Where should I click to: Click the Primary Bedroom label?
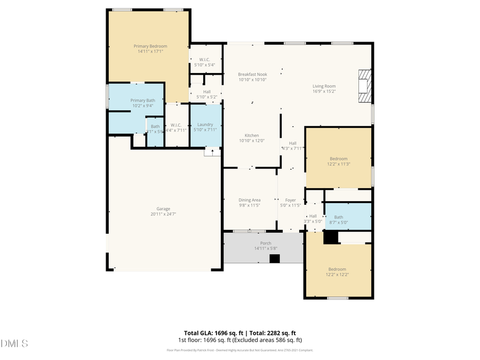pos(150,46)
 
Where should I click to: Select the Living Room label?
pos(324,86)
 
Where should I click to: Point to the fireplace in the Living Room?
pos(365,85)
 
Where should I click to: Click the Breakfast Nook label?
pos(252,74)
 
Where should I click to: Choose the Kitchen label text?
pos(252,135)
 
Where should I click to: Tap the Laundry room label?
pos(205,124)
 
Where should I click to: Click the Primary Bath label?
pos(143,100)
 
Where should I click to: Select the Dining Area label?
pos(249,200)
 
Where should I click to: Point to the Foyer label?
pos(290,200)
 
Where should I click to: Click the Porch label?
pos(266,243)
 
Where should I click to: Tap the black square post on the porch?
pos(275,259)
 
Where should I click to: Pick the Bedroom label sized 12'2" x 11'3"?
pos(338,159)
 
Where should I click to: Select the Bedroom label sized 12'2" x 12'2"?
pos(337,269)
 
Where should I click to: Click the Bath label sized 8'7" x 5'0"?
pos(339,217)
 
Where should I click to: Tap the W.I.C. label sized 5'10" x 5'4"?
pos(205,59)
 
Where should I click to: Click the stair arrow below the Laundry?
pos(213,152)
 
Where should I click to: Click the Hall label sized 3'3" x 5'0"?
pos(313,216)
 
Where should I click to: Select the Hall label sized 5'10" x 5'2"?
pos(206,92)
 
